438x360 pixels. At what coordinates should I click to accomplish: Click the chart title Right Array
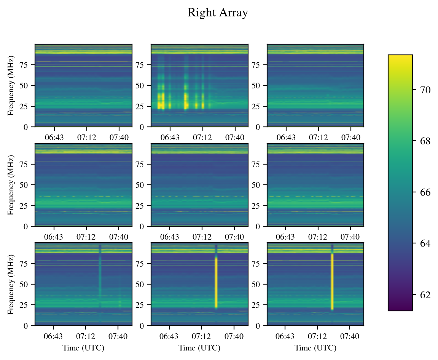pyautogui.click(x=218, y=13)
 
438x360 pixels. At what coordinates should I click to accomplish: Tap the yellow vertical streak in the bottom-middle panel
pyautogui.click(x=216, y=282)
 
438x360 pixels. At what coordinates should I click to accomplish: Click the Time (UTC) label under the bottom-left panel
pyautogui.click(x=83, y=348)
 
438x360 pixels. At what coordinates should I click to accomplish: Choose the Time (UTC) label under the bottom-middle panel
pyautogui.click(x=199, y=348)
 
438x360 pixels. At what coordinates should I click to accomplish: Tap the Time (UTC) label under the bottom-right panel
pyautogui.click(x=315, y=348)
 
